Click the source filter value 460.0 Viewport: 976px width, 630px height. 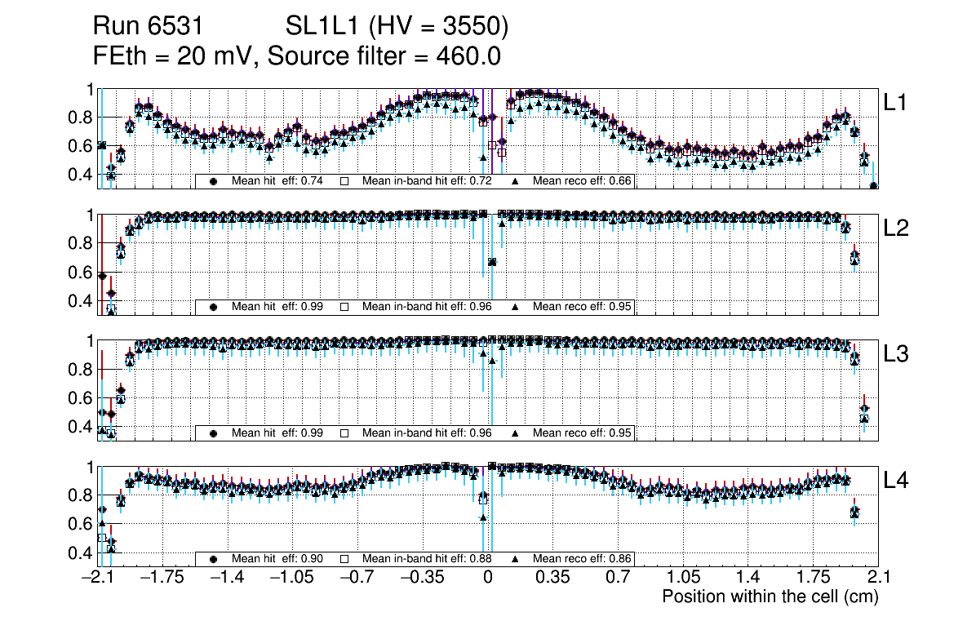(x=469, y=57)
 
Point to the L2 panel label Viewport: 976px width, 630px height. (x=896, y=228)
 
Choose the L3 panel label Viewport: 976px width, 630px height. (x=896, y=354)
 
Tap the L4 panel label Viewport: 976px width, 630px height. (x=896, y=480)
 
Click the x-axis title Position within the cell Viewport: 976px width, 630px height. (x=770, y=597)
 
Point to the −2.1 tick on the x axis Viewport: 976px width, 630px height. (x=99, y=578)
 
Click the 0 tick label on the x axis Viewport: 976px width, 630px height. (x=488, y=578)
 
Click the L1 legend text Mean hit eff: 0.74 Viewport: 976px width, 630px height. (x=273, y=181)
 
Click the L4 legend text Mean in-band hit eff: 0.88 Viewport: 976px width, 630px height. (x=427, y=559)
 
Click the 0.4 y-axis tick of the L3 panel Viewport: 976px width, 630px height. (x=81, y=427)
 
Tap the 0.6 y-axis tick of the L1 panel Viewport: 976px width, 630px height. (x=81, y=146)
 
